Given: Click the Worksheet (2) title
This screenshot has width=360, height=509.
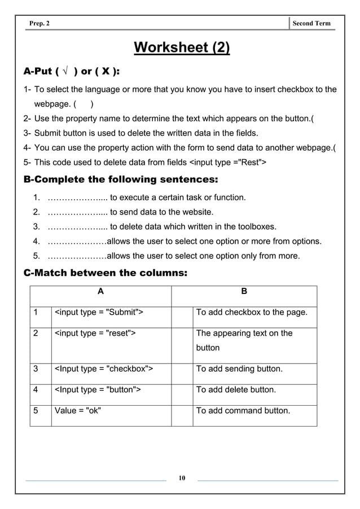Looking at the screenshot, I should coord(181,47).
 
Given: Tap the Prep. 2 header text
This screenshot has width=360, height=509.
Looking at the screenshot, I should coord(40,23).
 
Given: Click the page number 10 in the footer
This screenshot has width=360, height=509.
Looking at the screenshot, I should coord(182,479).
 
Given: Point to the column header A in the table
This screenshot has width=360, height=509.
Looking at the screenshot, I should coord(100,292).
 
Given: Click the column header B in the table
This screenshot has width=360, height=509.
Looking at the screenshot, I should coord(244,292).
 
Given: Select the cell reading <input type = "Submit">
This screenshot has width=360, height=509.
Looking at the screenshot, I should coord(98,312).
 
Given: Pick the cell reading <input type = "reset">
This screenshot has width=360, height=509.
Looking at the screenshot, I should coord(95,333).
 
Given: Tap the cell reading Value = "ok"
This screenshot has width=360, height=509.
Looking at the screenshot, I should coord(78,410).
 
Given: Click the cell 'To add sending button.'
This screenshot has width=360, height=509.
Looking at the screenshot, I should coord(239,369).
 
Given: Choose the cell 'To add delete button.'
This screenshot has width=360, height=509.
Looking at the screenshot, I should coord(236,389).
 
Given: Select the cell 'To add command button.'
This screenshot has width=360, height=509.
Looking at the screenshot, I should coord(243,410).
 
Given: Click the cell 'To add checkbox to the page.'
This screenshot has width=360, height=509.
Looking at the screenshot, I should coord(252,312).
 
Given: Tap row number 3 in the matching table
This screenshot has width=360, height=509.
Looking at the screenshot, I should coord(36,369).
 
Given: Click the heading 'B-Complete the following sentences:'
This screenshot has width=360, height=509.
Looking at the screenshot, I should coord(120,179).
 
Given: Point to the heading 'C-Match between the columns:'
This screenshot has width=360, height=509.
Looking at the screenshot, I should coord(105,273).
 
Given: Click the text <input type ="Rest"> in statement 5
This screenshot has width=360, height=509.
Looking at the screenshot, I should coord(227,163).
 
